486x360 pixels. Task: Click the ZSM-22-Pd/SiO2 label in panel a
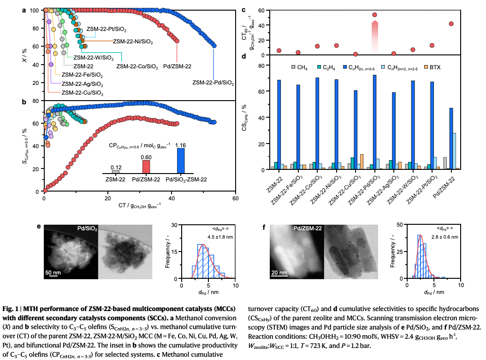click(213, 83)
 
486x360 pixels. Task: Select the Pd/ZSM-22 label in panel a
click(177, 66)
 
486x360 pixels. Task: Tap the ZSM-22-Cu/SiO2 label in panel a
click(83, 93)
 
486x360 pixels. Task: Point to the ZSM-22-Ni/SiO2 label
click(133, 41)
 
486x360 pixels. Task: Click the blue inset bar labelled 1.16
click(180, 161)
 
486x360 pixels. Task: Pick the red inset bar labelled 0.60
click(146, 167)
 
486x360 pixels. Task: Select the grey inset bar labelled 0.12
click(115, 172)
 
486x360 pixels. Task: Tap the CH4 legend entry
click(299, 67)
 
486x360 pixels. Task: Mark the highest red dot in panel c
click(374, 15)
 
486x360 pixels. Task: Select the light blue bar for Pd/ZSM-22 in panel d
click(454, 151)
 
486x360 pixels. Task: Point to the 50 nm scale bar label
click(53, 272)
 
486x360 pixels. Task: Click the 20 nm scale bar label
click(279, 272)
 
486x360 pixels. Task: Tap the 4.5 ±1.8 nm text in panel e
click(220, 237)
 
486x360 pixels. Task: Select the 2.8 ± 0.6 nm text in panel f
click(445, 237)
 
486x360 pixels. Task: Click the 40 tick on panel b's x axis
click(172, 198)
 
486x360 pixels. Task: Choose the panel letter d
click(243, 56)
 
